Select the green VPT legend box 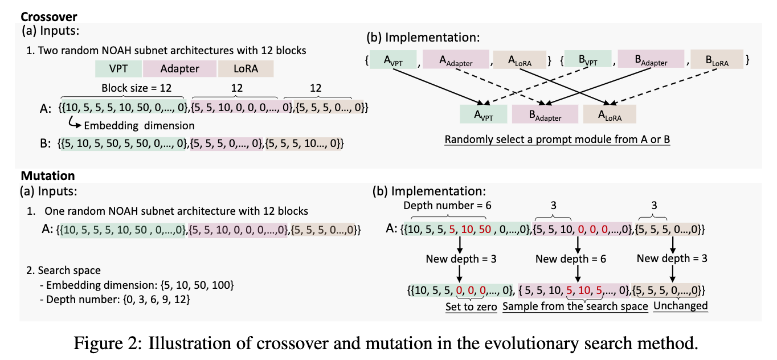(118, 69)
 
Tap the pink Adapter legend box (179, 69)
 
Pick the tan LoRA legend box (246, 69)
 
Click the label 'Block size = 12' (136, 88)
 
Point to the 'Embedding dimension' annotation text (139, 125)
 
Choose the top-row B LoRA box (716, 60)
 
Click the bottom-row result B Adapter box (544, 116)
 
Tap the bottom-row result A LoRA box (609, 116)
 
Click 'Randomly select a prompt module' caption (557, 140)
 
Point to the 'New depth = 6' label (571, 259)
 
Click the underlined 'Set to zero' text (471, 306)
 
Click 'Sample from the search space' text (576, 306)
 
